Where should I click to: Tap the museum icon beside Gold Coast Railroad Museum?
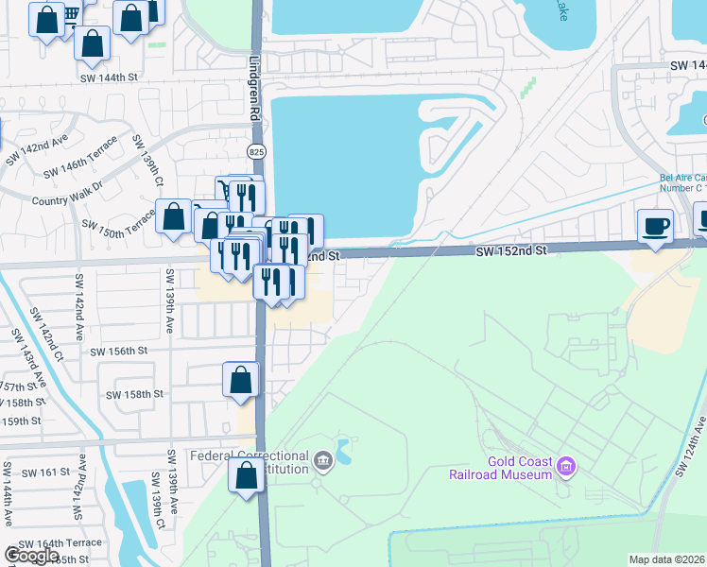click(x=566, y=466)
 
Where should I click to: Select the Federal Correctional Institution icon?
click(x=323, y=461)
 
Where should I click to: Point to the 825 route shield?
click(x=256, y=151)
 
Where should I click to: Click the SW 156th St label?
click(x=119, y=351)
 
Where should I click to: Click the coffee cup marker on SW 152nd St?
click(x=655, y=227)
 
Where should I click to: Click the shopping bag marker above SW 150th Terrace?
click(x=175, y=216)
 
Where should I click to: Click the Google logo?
click(x=31, y=557)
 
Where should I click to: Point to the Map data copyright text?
click(x=667, y=559)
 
